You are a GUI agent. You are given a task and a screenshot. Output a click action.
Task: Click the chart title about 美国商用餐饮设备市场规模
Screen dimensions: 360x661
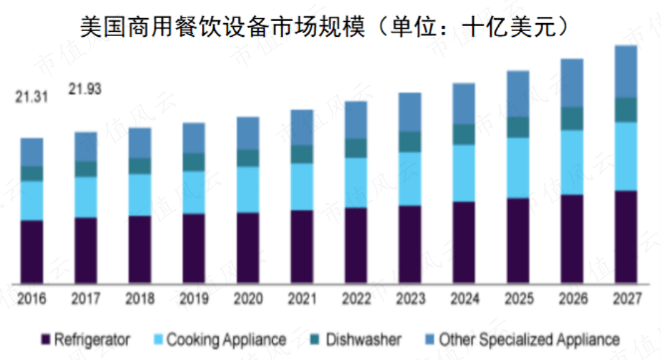[324, 27]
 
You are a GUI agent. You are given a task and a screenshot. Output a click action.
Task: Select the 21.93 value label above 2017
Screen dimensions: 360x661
[85, 89]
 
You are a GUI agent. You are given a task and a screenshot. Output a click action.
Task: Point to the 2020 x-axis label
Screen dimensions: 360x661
[248, 299]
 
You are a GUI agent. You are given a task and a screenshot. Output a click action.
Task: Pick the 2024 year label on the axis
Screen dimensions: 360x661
[464, 299]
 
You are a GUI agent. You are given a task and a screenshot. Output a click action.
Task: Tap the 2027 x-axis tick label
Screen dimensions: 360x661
[626, 299]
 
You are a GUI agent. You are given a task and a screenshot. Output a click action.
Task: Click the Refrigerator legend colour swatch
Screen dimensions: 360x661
[46, 340]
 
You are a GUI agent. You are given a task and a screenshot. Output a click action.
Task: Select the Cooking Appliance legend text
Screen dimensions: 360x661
[226, 340]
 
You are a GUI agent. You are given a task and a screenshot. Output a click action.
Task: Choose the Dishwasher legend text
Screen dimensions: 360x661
[364, 340]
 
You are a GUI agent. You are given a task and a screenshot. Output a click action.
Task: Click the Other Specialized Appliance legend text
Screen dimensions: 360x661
[529, 340]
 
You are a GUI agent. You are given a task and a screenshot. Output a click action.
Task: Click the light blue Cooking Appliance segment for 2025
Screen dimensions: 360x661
[518, 167]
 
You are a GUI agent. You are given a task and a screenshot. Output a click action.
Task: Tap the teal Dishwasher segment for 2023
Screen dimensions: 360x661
[410, 142]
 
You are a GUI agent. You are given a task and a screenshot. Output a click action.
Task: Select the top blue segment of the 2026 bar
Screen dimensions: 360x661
[572, 82]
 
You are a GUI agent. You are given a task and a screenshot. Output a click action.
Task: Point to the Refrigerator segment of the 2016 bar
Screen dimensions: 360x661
[32, 251]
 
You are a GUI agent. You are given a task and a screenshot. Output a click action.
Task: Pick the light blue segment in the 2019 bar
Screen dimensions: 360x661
[194, 192]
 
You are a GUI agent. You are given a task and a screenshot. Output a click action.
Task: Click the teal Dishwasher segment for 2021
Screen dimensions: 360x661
[302, 154]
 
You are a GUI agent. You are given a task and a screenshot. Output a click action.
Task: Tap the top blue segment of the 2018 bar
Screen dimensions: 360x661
[140, 143]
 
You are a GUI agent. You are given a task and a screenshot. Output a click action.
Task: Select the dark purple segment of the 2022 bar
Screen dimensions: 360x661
[356, 245]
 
